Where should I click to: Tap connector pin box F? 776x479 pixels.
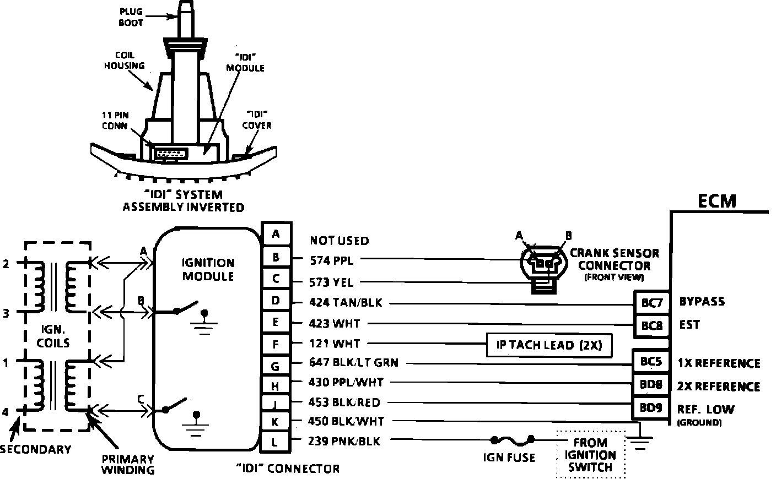tap(276, 345)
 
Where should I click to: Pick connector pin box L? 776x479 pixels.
tap(276, 441)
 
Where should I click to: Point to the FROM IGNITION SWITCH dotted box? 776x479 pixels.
tap(590, 455)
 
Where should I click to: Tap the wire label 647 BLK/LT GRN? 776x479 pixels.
tap(354, 363)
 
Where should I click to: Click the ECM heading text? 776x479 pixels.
tap(717, 201)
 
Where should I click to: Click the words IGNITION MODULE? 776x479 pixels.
tap(208, 269)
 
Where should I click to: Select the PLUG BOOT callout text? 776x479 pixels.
tap(131, 17)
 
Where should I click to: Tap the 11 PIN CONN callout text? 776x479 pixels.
tap(114, 120)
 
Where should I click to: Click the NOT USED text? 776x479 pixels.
tap(339, 241)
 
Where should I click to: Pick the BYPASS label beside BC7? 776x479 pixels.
tap(702, 301)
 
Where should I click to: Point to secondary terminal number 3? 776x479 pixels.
tap(6, 313)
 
